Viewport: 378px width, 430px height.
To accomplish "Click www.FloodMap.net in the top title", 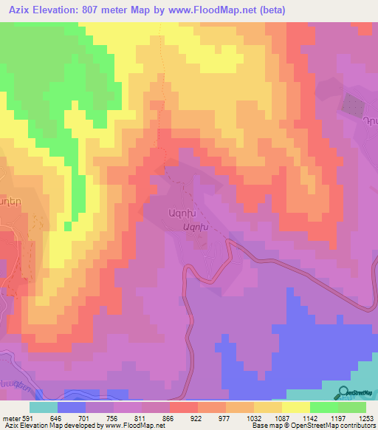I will click(x=224, y=10).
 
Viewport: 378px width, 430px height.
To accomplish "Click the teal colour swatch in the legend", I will click(x=43, y=408).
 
